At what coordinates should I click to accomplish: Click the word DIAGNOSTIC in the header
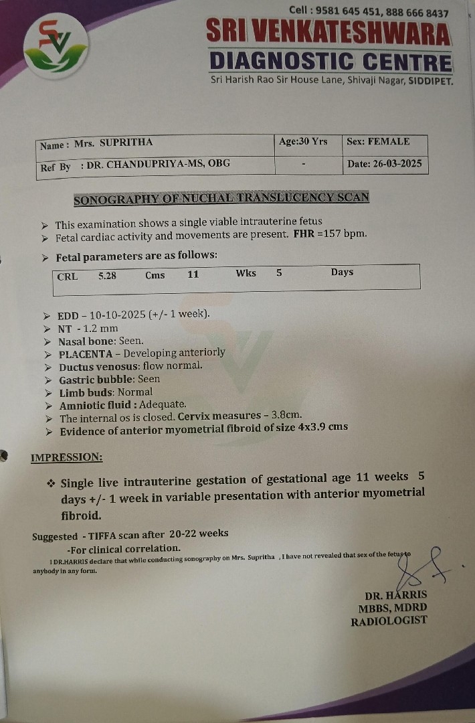pos(282,62)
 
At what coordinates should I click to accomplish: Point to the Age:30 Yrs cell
pos(303,142)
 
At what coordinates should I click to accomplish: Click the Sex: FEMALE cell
pos(378,142)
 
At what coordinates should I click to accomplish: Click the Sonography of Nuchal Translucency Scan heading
pos(221,199)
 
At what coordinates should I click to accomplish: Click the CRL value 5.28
pos(107,275)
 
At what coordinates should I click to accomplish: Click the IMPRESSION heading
pos(67,458)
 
